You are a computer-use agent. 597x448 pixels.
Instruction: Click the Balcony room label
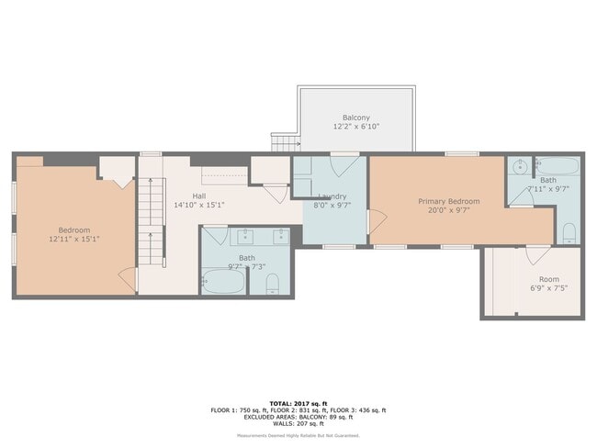(x=356, y=118)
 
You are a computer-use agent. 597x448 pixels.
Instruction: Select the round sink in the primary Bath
(x=520, y=168)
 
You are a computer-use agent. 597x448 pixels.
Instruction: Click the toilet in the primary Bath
(x=569, y=230)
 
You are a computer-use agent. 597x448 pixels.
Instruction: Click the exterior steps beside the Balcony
(x=284, y=143)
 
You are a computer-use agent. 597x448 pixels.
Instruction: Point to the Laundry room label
(x=332, y=196)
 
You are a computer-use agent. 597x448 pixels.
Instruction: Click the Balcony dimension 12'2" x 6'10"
(x=356, y=127)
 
